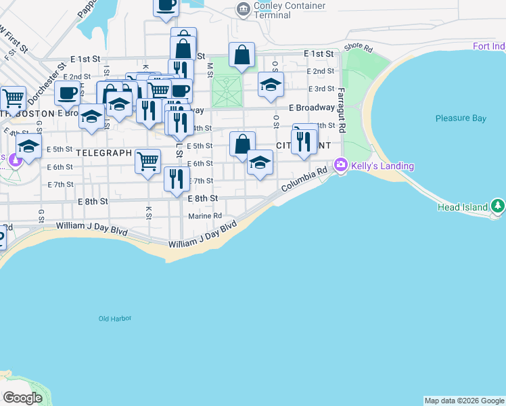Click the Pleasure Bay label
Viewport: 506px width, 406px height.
[461, 118]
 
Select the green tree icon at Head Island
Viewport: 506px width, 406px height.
[498, 204]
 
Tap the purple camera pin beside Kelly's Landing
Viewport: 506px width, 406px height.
[341, 164]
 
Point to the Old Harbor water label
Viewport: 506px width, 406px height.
[114, 318]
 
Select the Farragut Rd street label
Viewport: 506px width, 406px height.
[342, 109]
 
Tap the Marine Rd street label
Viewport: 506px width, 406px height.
[205, 216]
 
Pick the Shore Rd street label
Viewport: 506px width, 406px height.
[359, 48]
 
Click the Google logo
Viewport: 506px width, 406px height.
[22, 398]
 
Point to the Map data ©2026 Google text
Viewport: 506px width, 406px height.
[464, 401]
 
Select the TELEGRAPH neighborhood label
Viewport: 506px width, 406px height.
[103, 153]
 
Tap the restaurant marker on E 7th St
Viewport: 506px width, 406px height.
[176, 179]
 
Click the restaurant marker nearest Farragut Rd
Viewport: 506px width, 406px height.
[304, 141]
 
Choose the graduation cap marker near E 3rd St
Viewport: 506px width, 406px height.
[271, 86]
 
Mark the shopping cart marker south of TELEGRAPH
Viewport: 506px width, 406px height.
[147, 161]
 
